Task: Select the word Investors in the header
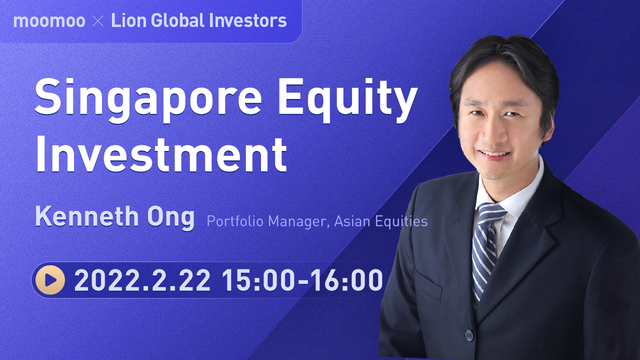pyautogui.click(x=245, y=20)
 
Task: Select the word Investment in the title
pyautogui.click(x=160, y=156)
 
